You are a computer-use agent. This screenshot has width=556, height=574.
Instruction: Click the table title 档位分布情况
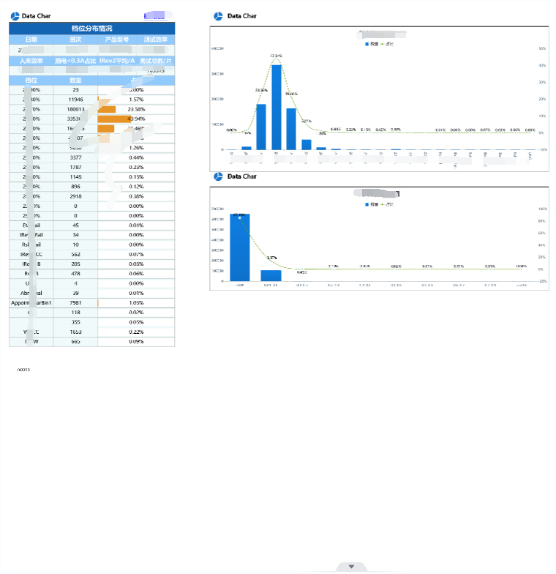tap(91, 29)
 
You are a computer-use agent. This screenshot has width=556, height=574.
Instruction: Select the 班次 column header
tap(75, 40)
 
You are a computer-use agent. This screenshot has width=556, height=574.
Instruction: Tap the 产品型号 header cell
tap(117, 40)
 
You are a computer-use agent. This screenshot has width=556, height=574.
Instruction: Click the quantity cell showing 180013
tap(75, 109)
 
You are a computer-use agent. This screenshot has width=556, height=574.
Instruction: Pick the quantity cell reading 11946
tap(75, 99)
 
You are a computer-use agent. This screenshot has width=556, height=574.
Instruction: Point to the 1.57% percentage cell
tap(136, 99)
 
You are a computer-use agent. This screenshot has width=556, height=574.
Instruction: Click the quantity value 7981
tap(75, 302)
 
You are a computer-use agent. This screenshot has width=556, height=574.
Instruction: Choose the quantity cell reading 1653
tap(75, 332)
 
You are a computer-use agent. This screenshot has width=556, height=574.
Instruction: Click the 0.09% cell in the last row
tap(136, 341)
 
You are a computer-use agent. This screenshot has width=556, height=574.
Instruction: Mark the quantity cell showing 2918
tap(75, 196)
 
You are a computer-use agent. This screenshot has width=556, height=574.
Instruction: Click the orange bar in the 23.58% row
tap(107, 109)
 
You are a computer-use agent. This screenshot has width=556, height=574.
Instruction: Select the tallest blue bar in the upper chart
tap(276, 107)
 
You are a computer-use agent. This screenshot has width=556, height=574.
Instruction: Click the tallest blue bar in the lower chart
tap(240, 247)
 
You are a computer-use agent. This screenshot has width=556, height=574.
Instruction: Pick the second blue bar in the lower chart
tap(271, 275)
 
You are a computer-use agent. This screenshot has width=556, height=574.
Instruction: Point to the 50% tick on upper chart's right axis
tap(542, 49)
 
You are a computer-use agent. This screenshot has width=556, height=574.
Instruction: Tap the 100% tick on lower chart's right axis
tap(541, 209)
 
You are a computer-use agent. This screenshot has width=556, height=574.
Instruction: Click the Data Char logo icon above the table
tap(15, 16)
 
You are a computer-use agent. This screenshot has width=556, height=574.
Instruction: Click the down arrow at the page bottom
tap(351, 567)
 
